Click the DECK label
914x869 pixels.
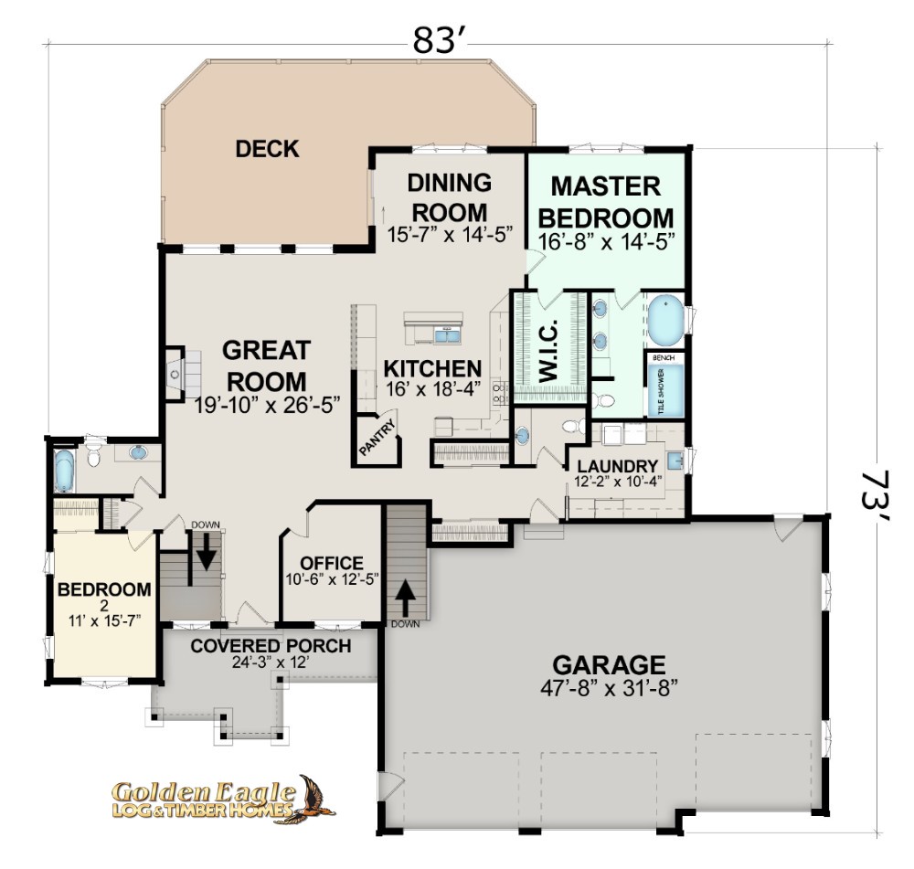point(267,149)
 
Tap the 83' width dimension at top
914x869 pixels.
point(433,41)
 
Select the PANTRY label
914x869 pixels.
point(377,438)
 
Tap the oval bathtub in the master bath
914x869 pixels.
point(665,321)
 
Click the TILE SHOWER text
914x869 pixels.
point(661,391)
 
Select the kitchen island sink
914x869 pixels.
point(447,335)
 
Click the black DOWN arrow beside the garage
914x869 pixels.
point(407,597)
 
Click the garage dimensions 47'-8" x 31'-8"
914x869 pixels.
point(609,689)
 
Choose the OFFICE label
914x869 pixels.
point(332,563)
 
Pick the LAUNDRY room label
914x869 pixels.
point(617,466)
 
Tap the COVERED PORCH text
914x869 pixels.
point(271,646)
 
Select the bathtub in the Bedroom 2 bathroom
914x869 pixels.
point(64,470)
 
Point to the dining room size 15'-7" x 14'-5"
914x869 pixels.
point(450,234)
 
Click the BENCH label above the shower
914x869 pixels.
point(664,357)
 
